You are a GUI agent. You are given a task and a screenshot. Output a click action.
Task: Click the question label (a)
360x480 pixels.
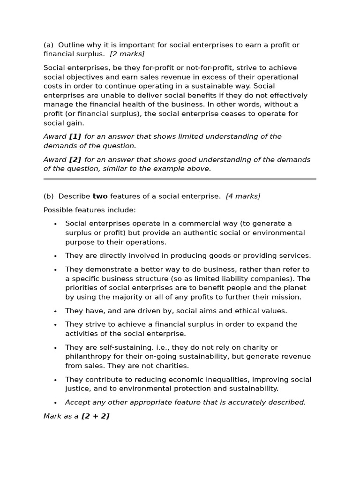coord(48,45)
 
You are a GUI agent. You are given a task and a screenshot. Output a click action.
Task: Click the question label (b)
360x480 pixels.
coord(48,196)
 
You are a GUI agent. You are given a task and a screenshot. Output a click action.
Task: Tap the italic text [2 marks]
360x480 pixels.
coord(127,54)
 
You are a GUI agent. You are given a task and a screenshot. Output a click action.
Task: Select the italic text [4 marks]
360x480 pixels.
coord(243,196)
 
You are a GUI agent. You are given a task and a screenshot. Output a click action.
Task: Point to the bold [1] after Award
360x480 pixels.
coord(75,136)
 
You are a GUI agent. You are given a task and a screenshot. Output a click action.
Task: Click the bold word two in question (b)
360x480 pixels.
coord(100,196)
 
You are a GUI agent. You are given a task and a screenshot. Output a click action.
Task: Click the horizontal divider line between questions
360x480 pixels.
coord(180,179)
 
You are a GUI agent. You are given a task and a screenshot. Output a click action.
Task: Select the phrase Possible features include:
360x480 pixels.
coord(90,210)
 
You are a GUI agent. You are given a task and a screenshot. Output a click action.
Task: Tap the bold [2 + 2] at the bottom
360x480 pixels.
coord(95,416)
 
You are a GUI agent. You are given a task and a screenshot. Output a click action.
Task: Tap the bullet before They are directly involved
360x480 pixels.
coord(55,256)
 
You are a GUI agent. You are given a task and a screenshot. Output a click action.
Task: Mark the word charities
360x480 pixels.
coord(171,366)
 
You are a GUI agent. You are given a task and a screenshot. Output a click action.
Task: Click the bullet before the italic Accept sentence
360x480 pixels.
coord(55,403)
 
